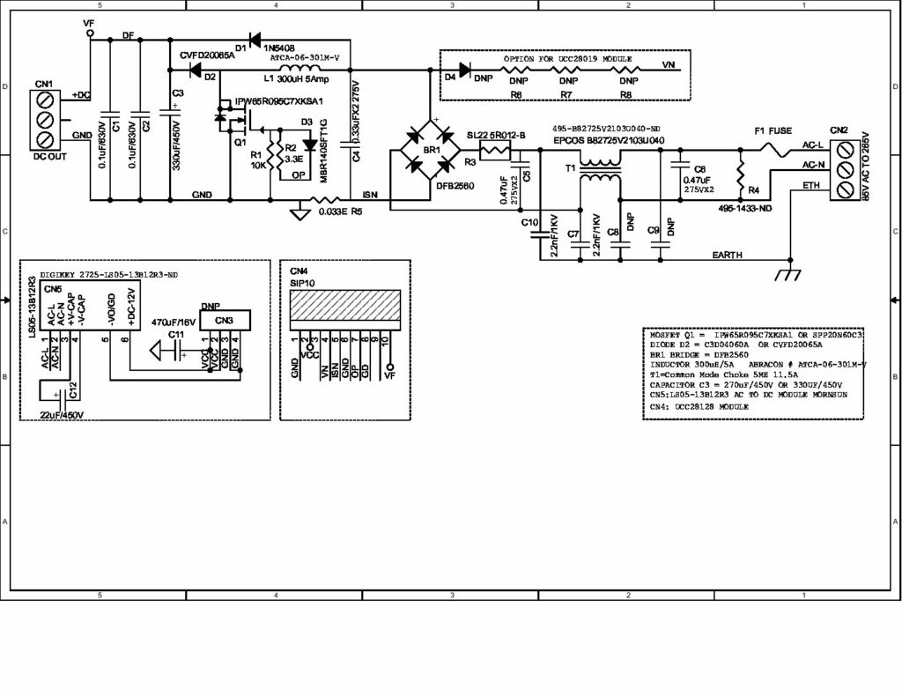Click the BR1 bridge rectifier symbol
431,151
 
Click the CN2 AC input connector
846,165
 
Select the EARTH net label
728,255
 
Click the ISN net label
370,194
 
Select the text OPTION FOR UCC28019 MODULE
568,57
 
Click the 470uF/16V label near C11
174,322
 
